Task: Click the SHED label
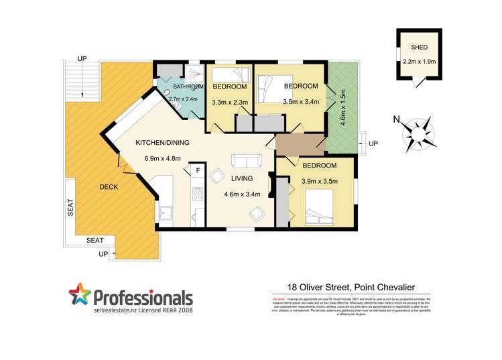[x=419, y=48]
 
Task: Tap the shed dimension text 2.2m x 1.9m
[x=419, y=61]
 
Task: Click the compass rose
[x=419, y=132]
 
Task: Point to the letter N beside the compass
[x=396, y=121]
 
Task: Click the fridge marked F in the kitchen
[x=198, y=172]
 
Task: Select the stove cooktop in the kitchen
[x=198, y=194]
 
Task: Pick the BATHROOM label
[x=188, y=86]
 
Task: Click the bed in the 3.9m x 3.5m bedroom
[x=318, y=208]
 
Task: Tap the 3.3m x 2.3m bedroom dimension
[x=230, y=103]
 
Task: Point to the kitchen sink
[x=166, y=214]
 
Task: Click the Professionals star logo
[x=78, y=296]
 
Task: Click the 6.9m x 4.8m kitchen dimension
[x=163, y=159]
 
